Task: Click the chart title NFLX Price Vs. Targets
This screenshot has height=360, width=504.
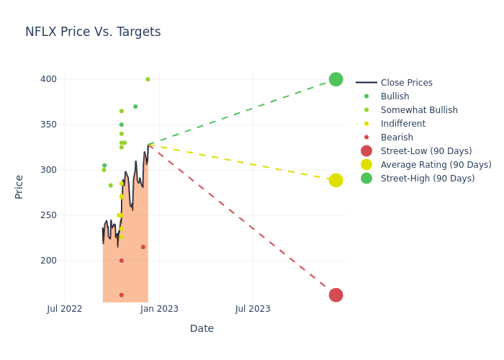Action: pyautogui.click(x=93, y=32)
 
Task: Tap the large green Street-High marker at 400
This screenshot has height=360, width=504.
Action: pyautogui.click(x=336, y=79)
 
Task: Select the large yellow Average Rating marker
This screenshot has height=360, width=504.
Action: pyautogui.click(x=336, y=180)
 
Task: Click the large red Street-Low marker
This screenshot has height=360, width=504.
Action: pyautogui.click(x=336, y=295)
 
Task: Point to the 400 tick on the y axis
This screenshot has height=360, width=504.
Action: pyautogui.click(x=49, y=79)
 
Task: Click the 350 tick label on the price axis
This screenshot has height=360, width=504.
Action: pyautogui.click(x=49, y=125)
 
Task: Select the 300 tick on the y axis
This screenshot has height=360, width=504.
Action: pyautogui.click(x=49, y=170)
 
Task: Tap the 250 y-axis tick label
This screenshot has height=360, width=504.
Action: pyautogui.click(x=49, y=215)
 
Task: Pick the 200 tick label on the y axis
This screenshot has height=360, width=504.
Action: pyautogui.click(x=49, y=261)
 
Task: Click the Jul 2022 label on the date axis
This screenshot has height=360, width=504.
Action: pyautogui.click(x=65, y=309)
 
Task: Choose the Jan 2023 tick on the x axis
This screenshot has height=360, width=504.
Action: pyautogui.click(x=159, y=309)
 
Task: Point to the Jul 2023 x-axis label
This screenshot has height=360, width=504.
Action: pyautogui.click(x=253, y=309)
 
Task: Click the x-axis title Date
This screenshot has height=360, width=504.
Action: pyautogui.click(x=202, y=329)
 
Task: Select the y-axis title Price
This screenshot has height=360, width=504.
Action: pyautogui.click(x=19, y=186)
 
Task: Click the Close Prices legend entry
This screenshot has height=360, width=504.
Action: pyautogui.click(x=406, y=83)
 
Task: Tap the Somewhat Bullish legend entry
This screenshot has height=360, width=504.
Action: pyautogui.click(x=419, y=110)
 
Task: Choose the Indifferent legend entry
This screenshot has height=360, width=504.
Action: pyautogui.click(x=402, y=124)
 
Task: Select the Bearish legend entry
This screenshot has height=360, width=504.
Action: pyautogui.click(x=397, y=138)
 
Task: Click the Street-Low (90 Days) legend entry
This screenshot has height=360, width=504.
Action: pyautogui.click(x=426, y=151)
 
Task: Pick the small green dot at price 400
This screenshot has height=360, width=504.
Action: pyautogui.click(x=148, y=79)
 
